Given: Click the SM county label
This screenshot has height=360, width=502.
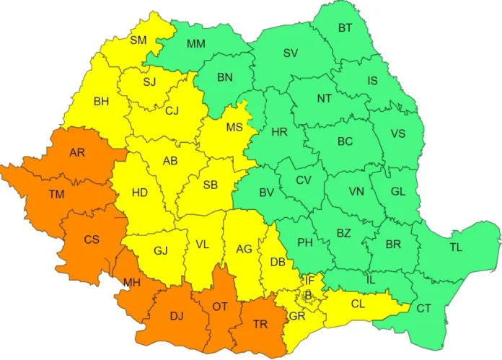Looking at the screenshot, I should (x=138, y=40).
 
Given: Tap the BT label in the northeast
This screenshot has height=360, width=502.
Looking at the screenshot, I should (x=346, y=29).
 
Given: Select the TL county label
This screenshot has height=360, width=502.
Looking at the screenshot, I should (x=457, y=247).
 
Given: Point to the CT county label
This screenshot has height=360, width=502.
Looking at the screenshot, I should (x=424, y=309).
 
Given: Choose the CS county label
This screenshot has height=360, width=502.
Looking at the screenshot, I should (x=92, y=240).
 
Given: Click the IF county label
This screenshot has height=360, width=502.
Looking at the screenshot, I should (x=309, y=280).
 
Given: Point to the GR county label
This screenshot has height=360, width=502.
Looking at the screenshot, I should (x=296, y=316).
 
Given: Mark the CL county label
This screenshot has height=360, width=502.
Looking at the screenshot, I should (x=358, y=304).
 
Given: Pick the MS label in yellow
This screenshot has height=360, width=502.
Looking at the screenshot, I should (x=234, y=128).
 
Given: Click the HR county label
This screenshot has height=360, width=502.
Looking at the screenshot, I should (x=279, y=133).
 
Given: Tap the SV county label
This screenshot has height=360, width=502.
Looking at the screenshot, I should (x=290, y=53).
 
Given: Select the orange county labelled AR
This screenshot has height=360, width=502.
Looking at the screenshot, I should (x=77, y=153).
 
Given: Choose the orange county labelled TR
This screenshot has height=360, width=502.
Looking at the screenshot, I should (x=261, y=324).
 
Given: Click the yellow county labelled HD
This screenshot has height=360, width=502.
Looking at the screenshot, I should (x=140, y=193).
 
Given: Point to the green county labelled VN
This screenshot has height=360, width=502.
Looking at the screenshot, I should (x=356, y=192).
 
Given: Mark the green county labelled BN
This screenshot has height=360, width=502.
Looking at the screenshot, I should (x=226, y=76).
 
